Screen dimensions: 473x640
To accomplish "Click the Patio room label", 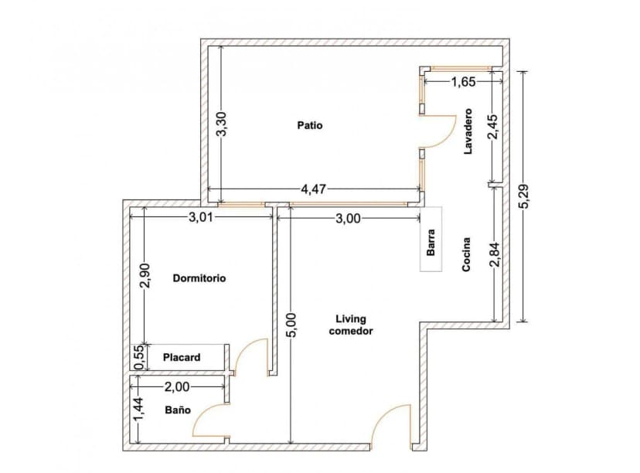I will coord(310,125).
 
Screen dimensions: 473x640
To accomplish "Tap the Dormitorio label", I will coord(199,278).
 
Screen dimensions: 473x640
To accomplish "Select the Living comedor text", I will coord(351,325).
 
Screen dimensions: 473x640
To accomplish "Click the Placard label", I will coord(182,357).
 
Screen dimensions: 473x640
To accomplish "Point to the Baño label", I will coord(178,410).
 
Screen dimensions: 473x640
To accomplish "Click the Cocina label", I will coord(468,254).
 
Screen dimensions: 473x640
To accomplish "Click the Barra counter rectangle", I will coord(431,240).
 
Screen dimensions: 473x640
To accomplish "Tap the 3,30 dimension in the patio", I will coord(221,124).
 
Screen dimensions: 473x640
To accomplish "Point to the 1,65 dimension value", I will coord(463,80).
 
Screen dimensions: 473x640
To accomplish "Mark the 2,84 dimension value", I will coord(495,254).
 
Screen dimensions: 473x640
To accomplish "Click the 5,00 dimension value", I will coord(290,322).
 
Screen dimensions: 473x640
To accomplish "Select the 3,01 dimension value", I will coord(200,218).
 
